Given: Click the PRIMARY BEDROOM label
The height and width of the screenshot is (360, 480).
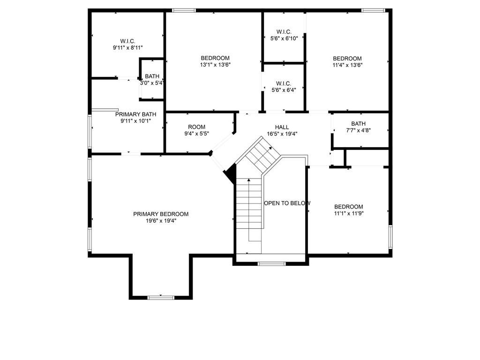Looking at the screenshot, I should (161, 214).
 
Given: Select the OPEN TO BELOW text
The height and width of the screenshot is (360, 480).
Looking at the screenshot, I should (287, 203).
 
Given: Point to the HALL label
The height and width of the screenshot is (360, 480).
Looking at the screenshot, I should (282, 127).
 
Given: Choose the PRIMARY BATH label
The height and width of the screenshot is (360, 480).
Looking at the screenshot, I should (135, 114).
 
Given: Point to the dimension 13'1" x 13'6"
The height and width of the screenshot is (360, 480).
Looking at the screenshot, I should (215, 65).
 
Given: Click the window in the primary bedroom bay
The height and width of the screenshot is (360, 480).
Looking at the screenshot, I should (161, 297).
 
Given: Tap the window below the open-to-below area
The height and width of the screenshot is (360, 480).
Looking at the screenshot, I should (272, 264).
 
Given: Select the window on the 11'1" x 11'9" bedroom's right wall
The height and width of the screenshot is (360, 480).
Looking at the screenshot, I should (390, 237).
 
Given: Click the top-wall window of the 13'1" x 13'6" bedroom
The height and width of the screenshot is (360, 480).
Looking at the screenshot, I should (183, 10).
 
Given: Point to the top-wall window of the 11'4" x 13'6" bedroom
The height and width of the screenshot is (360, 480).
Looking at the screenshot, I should (373, 10).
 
